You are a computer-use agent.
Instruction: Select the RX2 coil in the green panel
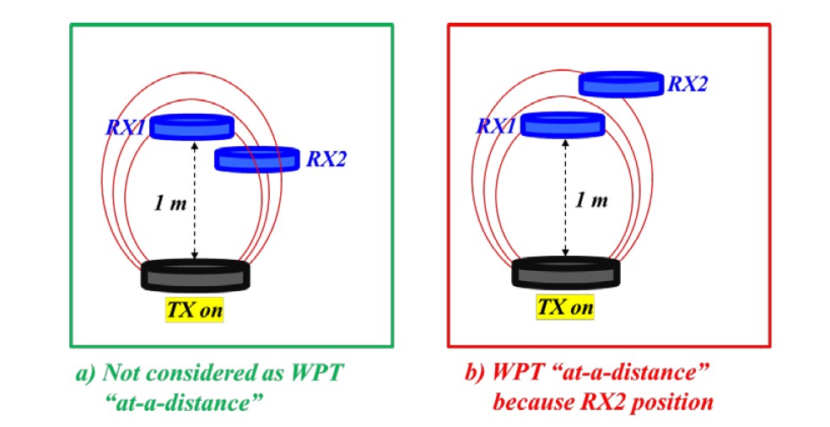pyautogui.click(x=257, y=159)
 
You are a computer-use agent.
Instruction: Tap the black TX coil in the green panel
pyautogui.click(x=195, y=276)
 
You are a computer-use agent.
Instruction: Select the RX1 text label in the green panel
pyautogui.click(x=126, y=127)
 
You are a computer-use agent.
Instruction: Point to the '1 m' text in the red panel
pyautogui.click(x=590, y=201)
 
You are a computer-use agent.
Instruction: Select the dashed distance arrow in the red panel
pyautogui.click(x=565, y=198)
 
